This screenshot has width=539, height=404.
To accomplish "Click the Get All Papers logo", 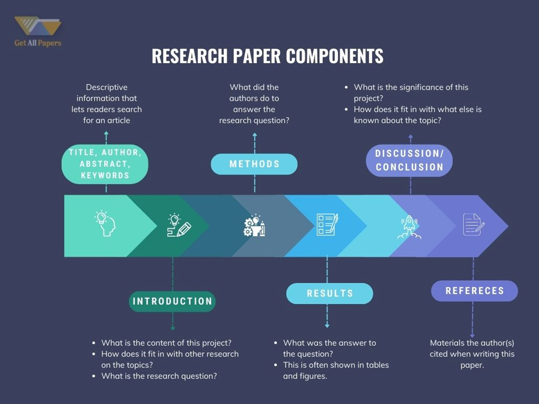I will click(x=38, y=31).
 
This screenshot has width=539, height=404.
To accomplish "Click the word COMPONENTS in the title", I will click(x=334, y=56).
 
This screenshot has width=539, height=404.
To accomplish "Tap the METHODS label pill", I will click(x=254, y=164).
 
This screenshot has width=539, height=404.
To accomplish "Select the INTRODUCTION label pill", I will click(x=172, y=301).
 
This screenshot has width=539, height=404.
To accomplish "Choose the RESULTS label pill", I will click(x=330, y=293).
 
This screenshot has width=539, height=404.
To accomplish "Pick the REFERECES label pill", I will click(x=474, y=291).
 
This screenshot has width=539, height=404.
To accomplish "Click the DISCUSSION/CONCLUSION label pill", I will click(x=409, y=160).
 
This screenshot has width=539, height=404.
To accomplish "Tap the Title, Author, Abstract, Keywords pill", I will click(x=105, y=164).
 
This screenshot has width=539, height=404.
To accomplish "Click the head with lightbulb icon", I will click(x=105, y=224).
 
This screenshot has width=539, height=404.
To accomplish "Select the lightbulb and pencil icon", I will click(x=178, y=225).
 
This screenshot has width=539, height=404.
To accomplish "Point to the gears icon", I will click(x=254, y=226).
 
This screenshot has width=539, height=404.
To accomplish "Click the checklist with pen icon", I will click(x=327, y=225).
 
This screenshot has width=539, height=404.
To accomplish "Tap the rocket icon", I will click(x=409, y=227).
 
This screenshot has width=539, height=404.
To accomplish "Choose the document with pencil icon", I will click(x=473, y=225).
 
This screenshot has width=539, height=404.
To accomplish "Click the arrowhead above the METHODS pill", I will click(x=255, y=136).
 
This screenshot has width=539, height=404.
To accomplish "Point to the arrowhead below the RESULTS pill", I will click(x=327, y=325).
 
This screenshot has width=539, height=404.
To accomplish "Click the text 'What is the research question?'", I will click(x=159, y=376).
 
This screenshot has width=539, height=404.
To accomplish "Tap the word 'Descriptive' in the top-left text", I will click(x=106, y=87).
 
